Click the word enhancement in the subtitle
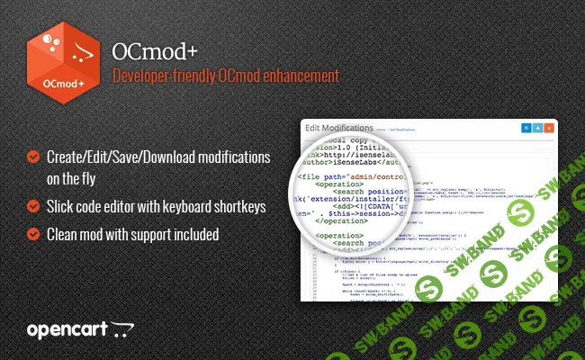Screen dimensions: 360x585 pyautogui.click(x=296, y=78)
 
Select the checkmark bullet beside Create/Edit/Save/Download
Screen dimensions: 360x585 pyautogui.click(x=33, y=157)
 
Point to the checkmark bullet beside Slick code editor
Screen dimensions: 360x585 pyautogui.click(x=33, y=206)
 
